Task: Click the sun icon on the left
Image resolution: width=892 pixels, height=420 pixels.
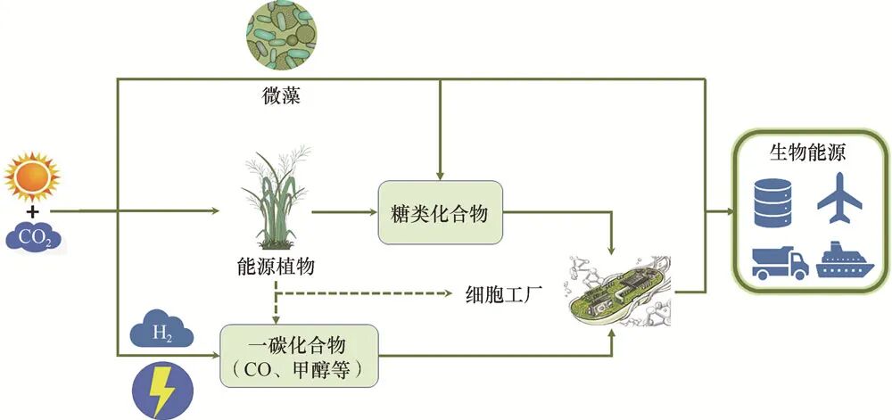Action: pyautogui.click(x=31, y=177)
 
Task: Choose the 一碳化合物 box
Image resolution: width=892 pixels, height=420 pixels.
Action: pyautogui.click(x=300, y=355)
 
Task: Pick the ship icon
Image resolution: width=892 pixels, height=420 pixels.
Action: pyautogui.click(x=843, y=260)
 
